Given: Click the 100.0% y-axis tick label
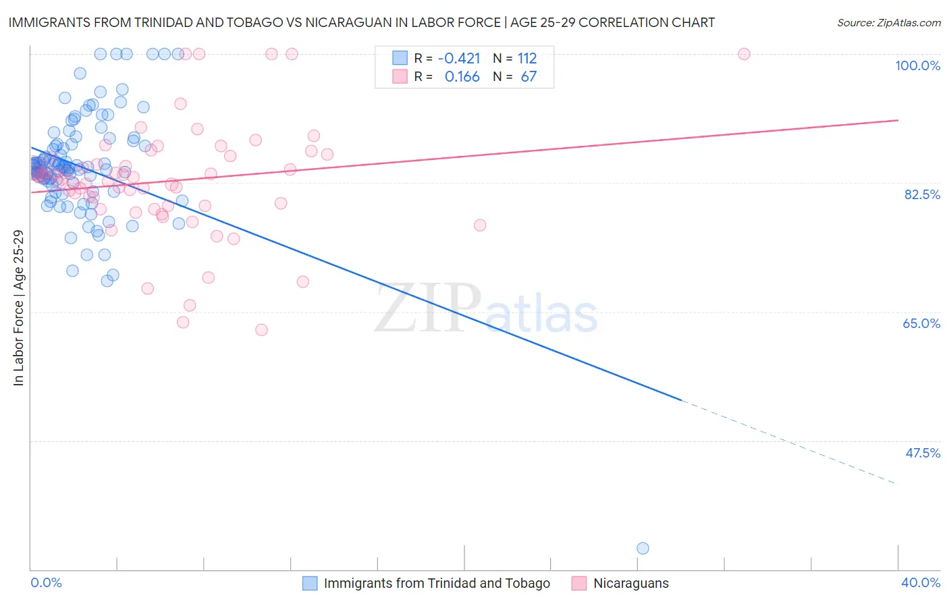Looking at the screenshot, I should [x=917, y=65].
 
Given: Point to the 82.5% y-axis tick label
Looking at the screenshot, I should [x=922, y=194].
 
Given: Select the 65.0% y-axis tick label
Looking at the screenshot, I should [x=921, y=323].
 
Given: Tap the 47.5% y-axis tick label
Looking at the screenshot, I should [x=922, y=453].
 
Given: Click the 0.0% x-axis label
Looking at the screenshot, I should [x=46, y=582].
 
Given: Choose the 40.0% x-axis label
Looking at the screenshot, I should [x=920, y=582].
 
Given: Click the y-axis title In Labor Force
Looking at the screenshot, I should [x=18, y=308].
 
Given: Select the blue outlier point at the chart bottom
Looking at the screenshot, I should [x=643, y=548].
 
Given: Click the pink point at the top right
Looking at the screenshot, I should [x=744, y=54].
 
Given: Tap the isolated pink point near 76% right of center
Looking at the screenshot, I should [x=480, y=225].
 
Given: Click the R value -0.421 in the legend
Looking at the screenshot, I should [x=459, y=58].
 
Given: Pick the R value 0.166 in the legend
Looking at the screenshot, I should [x=462, y=77].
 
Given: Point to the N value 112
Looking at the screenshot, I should [x=527, y=58].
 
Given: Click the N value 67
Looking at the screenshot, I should [x=528, y=77].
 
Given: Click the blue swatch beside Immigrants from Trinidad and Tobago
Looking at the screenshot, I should [x=310, y=583].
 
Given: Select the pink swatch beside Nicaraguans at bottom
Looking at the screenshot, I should [x=578, y=583].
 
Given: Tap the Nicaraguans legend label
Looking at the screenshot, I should [x=630, y=583].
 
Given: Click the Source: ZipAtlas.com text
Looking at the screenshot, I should [x=888, y=23].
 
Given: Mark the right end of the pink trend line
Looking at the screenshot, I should [x=898, y=120].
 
